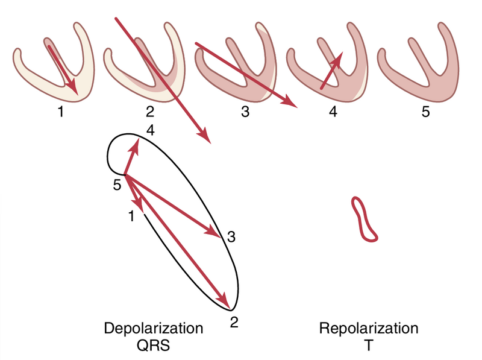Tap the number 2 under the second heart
tap(149, 112)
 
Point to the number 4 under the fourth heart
tap(333, 112)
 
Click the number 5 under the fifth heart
tap(425, 112)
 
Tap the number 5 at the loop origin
tap(117, 186)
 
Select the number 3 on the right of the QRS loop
tap(230, 238)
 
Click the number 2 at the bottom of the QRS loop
tap(235, 321)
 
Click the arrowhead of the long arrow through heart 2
tap(206, 138)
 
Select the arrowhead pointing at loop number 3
tap(214, 232)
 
